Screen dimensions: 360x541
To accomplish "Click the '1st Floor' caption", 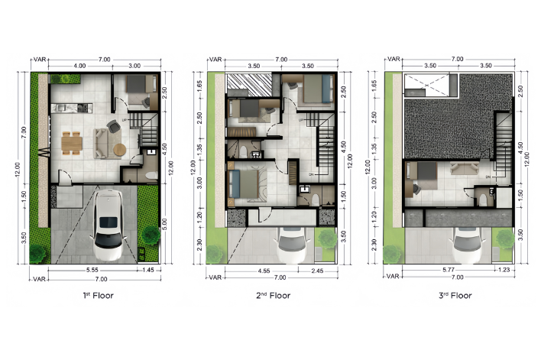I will [x=99, y=295].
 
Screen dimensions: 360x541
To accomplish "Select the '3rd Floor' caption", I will [x=456, y=295].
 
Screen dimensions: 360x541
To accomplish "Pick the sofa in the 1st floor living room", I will [x=100, y=143].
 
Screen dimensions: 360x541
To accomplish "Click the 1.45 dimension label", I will [x=147, y=270].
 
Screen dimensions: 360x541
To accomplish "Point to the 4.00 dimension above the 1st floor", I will [x=80, y=66].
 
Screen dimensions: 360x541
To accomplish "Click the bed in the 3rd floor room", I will [x=420, y=180].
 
